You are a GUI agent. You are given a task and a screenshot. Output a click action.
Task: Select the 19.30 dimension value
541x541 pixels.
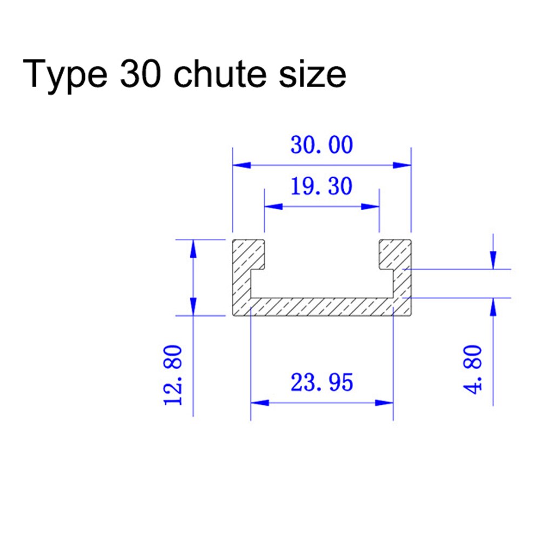pos(321,186)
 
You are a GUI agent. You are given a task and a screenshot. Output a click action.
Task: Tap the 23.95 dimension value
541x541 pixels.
pos(322,383)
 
